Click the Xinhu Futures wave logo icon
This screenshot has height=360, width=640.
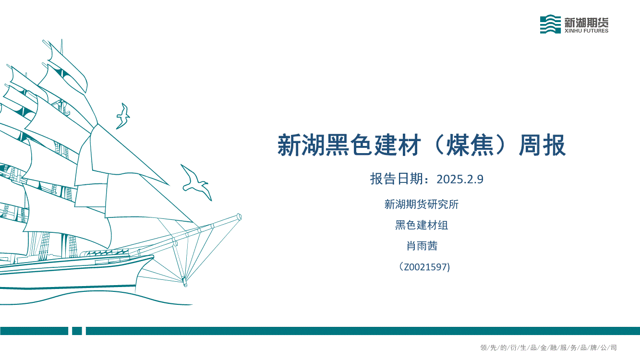[x=550, y=24]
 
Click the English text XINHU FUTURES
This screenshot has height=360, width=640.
[x=586, y=31]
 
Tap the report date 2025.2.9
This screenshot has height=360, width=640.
[x=459, y=179]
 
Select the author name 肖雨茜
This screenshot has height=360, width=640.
[x=422, y=246]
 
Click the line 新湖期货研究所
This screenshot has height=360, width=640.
[x=422, y=204]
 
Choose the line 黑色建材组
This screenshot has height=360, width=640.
[x=422, y=225]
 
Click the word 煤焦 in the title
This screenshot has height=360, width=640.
[x=470, y=145]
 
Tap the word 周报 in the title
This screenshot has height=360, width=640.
[x=542, y=145]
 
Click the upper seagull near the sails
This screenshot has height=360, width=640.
[x=123, y=116]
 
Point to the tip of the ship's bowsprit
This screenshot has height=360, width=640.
[x=240, y=217]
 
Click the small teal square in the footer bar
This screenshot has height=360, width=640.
[x=77, y=331]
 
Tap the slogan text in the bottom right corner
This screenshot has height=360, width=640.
[x=548, y=348]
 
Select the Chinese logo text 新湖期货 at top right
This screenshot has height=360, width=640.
[x=586, y=22]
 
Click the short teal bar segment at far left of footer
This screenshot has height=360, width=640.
[x=34, y=331]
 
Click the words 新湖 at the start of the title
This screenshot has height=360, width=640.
[x=301, y=145]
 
